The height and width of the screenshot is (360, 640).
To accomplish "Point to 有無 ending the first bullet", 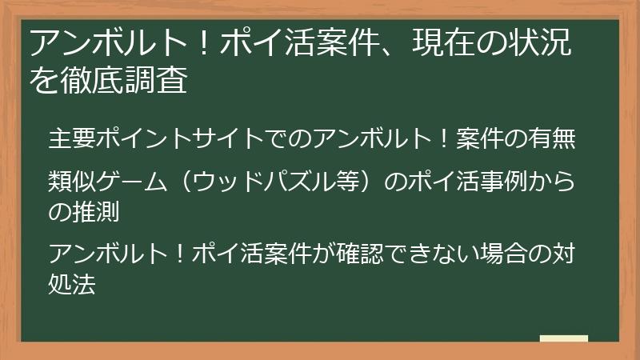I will pyautogui.click(x=553, y=138).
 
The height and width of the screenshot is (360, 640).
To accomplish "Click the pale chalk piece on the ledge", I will pyautogui.click(x=563, y=338).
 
